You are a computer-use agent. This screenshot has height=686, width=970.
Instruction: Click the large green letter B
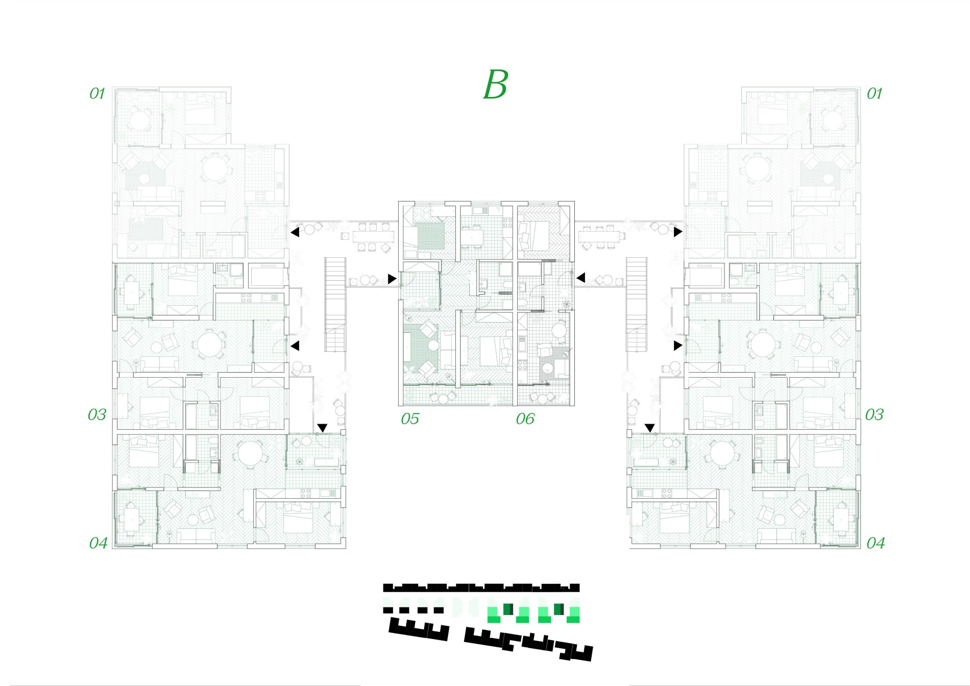pyautogui.click(x=495, y=85)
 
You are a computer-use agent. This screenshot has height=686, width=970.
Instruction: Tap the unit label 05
pyautogui.click(x=409, y=419)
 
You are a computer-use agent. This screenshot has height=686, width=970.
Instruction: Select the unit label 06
pyautogui.click(x=525, y=419)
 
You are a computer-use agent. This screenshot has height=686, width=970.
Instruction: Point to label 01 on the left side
pyautogui.click(x=97, y=93)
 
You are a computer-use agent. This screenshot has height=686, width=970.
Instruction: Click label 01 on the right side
pyautogui.click(x=875, y=93)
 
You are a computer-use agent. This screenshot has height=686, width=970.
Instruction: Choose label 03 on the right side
pyautogui.click(x=874, y=414)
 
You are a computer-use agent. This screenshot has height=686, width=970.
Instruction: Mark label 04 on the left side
pyautogui.click(x=99, y=543)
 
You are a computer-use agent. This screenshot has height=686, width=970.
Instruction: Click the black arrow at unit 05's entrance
pyautogui.click(x=392, y=279)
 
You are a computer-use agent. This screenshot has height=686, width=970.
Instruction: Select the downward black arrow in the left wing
pyautogui.click(x=322, y=427)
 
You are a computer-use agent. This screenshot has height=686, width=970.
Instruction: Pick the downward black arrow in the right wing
pyautogui.click(x=649, y=427)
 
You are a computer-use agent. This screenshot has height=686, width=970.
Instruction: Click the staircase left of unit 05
pyautogui.click(x=335, y=304)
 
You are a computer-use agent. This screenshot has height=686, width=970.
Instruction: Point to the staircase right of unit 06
pyautogui.click(x=637, y=304)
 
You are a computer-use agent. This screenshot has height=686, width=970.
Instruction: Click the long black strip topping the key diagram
pyautogui.click(x=481, y=588)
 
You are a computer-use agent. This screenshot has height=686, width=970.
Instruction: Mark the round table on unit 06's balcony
pyautogui.click(x=542, y=398)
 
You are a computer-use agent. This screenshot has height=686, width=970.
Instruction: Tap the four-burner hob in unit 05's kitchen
pyautogui.click(x=507, y=223)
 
